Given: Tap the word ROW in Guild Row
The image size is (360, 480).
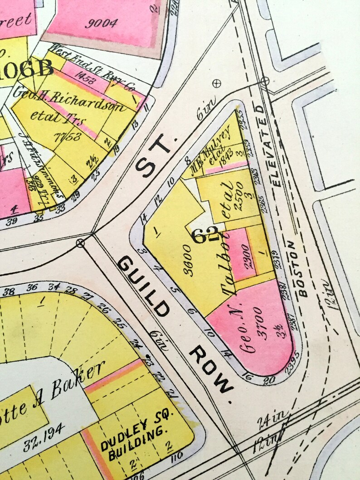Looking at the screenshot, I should pos(211,368).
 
